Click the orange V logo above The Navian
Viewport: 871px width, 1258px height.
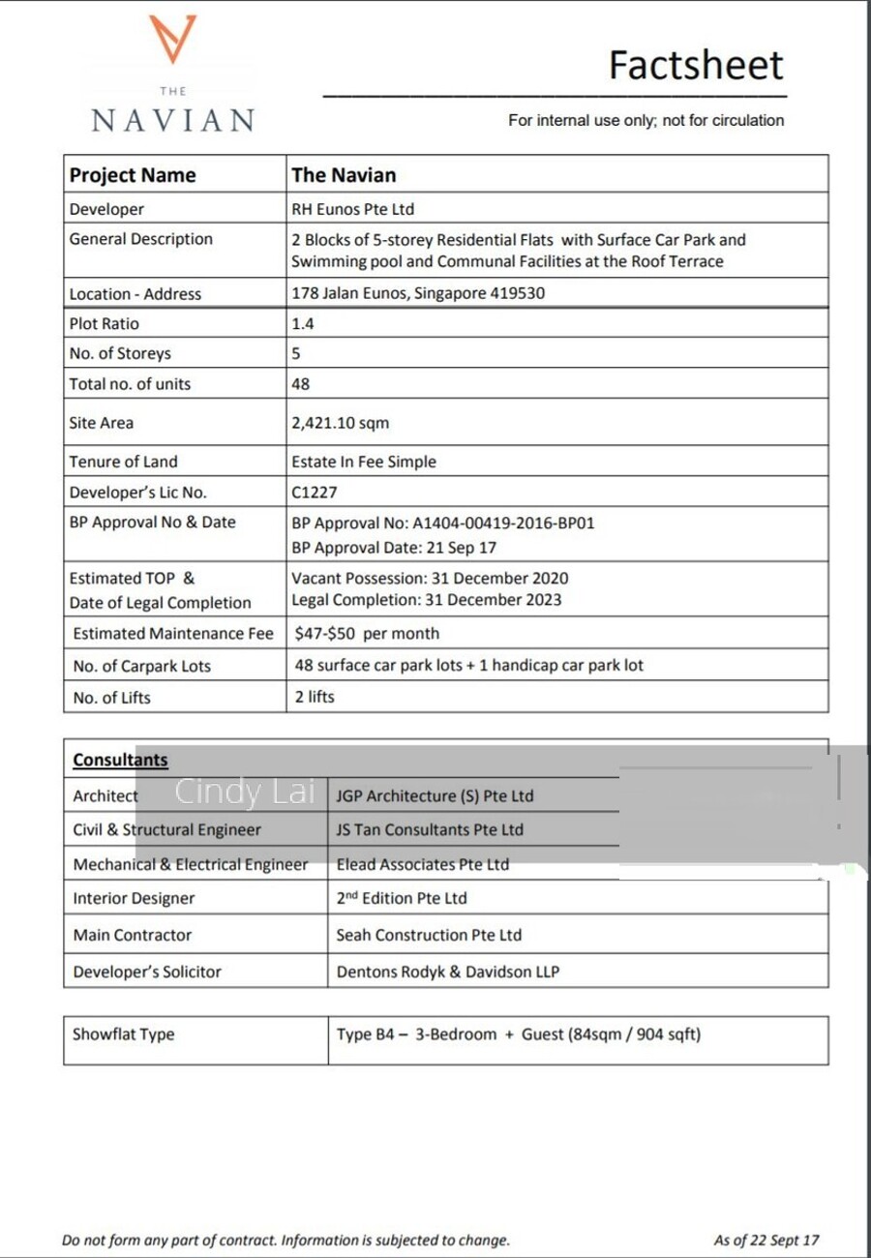pos(173,40)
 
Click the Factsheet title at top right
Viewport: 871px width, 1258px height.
pos(695,65)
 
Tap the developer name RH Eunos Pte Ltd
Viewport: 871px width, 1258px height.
pos(352,209)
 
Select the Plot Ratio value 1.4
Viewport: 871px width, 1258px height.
pos(303,324)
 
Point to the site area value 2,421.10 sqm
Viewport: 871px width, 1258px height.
pos(340,423)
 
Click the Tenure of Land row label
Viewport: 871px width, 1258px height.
pos(124,462)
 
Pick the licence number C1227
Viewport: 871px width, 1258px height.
pos(315,493)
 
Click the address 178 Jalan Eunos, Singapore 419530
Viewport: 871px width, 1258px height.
pos(418,293)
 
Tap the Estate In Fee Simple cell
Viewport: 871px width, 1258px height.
pos(363,462)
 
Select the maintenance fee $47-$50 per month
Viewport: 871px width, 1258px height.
pos(367,634)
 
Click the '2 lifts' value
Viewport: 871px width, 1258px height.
pos(315,697)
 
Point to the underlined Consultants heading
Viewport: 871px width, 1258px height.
pos(120,761)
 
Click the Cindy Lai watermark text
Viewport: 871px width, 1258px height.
pos(245,793)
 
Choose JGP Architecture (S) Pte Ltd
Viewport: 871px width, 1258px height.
pos(435,796)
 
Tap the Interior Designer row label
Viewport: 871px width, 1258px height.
pos(134,898)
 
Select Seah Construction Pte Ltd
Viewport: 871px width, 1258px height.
pos(429,935)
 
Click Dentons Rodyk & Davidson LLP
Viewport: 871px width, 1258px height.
pos(447,972)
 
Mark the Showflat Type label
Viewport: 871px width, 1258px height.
pos(124,1034)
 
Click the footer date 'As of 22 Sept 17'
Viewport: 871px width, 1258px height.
pos(766,1240)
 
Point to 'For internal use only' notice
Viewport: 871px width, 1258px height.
pos(646,121)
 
